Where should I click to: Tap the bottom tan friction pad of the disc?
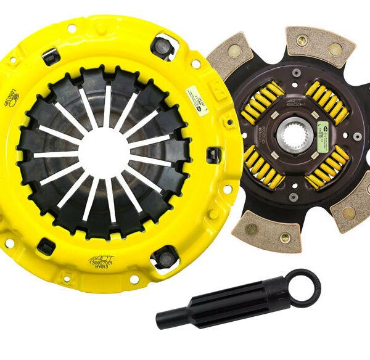pos(265,231)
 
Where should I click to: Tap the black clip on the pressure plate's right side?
pos(213,154)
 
